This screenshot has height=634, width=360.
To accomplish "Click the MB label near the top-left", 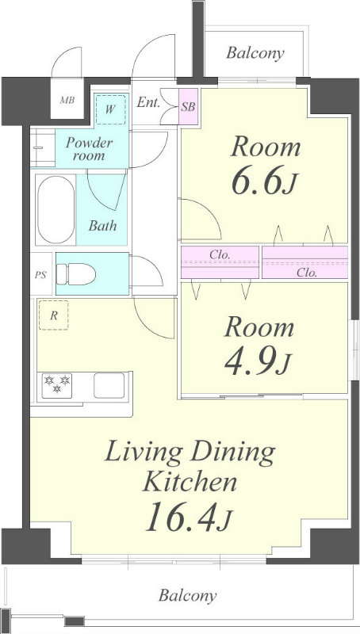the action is (67, 101).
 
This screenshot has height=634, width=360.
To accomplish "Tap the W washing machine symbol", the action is (111, 109).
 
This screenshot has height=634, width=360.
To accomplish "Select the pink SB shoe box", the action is (189, 107).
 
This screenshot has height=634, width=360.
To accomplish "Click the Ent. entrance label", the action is (148, 102).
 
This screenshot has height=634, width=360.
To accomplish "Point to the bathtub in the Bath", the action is (56, 210).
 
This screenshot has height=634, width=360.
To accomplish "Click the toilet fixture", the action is (76, 274).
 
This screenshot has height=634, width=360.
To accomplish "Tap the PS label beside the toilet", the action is (40, 275).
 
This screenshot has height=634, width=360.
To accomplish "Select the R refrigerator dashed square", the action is (53, 315).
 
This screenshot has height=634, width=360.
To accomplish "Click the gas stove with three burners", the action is (57, 385).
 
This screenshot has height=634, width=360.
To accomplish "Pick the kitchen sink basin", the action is (109, 385).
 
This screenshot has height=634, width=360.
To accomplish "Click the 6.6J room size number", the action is (265, 181).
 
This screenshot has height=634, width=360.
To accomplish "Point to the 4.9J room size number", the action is (258, 361).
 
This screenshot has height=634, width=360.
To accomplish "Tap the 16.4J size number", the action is (189, 518).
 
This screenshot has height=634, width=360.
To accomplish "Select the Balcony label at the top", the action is (255, 53).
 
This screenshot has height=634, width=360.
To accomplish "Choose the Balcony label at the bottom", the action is (188, 595).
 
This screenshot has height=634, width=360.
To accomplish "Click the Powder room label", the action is (90, 149).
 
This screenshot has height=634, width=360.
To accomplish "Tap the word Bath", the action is (103, 225).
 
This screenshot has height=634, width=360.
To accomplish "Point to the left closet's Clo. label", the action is (220, 254).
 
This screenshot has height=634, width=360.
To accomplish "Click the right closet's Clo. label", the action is (307, 273).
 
